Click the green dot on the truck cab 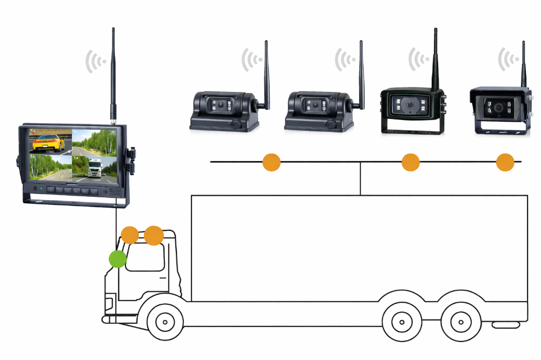click(117, 259)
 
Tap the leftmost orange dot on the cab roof click(130, 235)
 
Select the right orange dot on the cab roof click(154, 235)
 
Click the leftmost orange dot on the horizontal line click(272, 162)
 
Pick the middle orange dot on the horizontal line click(411, 162)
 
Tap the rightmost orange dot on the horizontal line click(505, 162)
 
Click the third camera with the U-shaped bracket click(412, 108)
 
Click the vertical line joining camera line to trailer click(360, 178)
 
